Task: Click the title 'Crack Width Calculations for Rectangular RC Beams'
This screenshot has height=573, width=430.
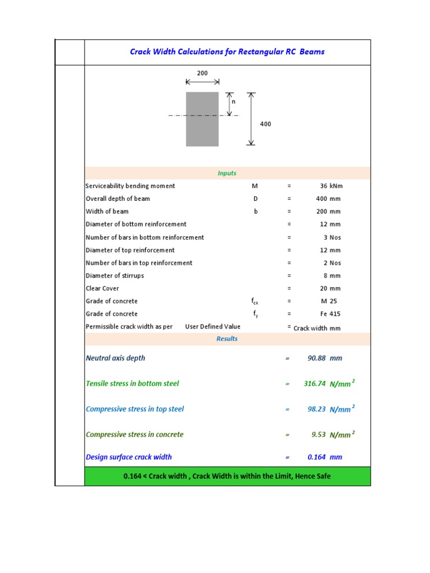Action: click(x=227, y=52)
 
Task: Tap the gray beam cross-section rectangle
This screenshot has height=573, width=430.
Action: click(x=202, y=119)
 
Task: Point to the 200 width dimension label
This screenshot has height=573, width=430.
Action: click(x=202, y=73)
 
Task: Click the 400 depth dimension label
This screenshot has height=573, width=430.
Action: click(x=265, y=124)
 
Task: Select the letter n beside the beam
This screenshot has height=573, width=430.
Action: click(x=234, y=102)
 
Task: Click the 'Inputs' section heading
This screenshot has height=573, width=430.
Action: click(x=227, y=173)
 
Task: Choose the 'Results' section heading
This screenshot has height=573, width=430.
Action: click(x=227, y=339)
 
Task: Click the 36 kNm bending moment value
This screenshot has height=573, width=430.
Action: click(x=330, y=186)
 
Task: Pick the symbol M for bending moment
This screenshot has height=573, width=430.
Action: click(x=255, y=186)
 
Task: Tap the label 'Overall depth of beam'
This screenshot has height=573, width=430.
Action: click(x=118, y=199)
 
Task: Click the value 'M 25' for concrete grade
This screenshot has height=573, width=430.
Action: click(x=330, y=302)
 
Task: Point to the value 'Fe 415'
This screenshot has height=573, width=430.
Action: click(x=330, y=314)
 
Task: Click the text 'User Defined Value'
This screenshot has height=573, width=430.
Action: click(x=213, y=327)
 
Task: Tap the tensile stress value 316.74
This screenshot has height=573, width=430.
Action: click(x=315, y=384)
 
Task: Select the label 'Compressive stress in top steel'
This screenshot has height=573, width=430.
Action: click(x=134, y=409)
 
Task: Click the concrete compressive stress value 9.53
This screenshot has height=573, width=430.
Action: click(x=319, y=435)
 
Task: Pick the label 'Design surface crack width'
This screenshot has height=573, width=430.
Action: click(x=129, y=457)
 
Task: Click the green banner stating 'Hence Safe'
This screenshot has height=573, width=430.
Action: click(x=227, y=476)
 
